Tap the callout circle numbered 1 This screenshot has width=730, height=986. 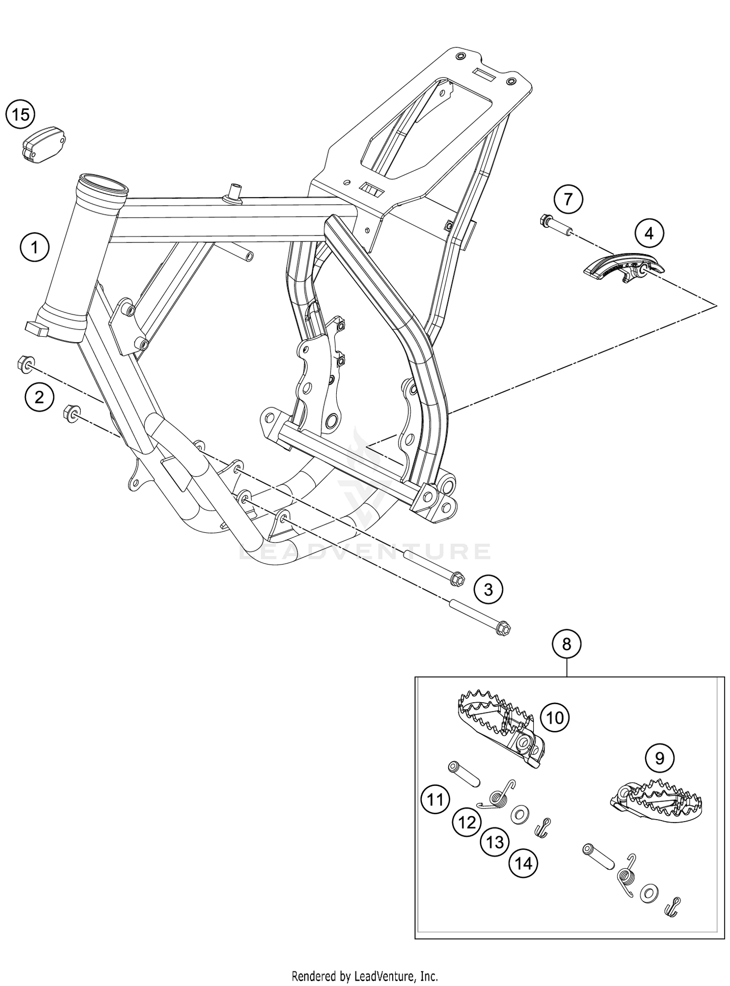tap(35, 248)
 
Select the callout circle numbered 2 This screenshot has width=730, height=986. tap(38, 398)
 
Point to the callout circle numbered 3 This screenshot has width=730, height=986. tap(488, 590)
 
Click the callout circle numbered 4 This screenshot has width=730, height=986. tap(649, 234)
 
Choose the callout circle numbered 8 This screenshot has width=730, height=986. tap(566, 644)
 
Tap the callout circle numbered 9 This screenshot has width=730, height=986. tap(659, 758)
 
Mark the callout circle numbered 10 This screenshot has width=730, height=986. tap(555, 717)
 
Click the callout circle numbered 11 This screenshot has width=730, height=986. tap(436, 799)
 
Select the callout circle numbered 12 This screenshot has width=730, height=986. tap(467, 822)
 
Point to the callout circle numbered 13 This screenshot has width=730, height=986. tap(495, 842)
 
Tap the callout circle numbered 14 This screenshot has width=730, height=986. tap(524, 863)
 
